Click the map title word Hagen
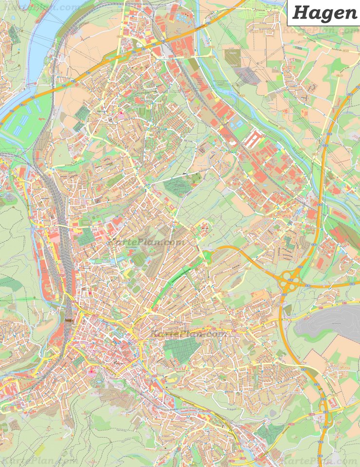pos(324,13)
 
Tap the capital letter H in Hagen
pos(300,13)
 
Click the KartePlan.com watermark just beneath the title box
pos(321,31)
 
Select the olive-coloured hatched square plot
pos(232,58)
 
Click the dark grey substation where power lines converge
pos(248,75)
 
